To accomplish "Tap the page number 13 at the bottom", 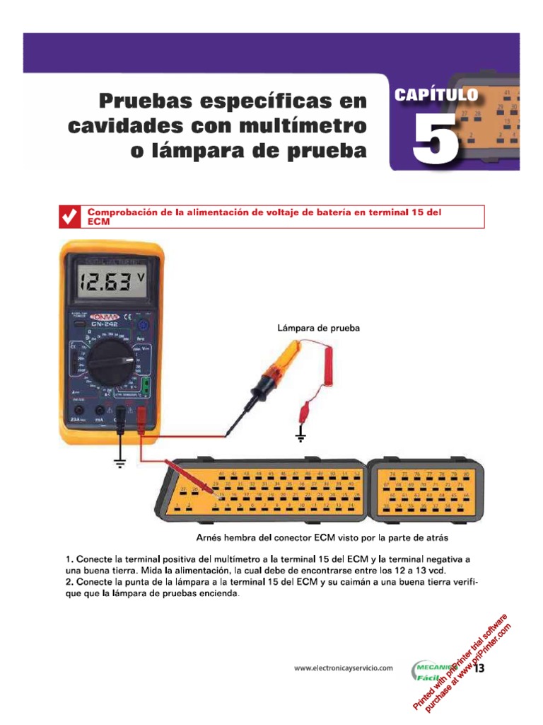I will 479,668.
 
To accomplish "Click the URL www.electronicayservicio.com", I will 343,668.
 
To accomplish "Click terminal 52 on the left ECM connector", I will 357,472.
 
